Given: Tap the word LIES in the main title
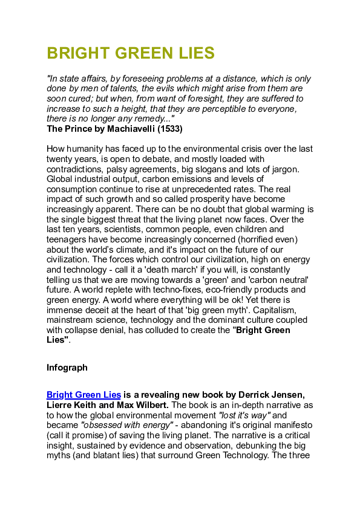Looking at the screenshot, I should point(195,54).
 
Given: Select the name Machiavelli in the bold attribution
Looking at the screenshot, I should point(128,129).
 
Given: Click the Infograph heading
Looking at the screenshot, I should point(67,367).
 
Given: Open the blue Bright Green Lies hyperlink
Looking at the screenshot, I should point(83,395).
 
